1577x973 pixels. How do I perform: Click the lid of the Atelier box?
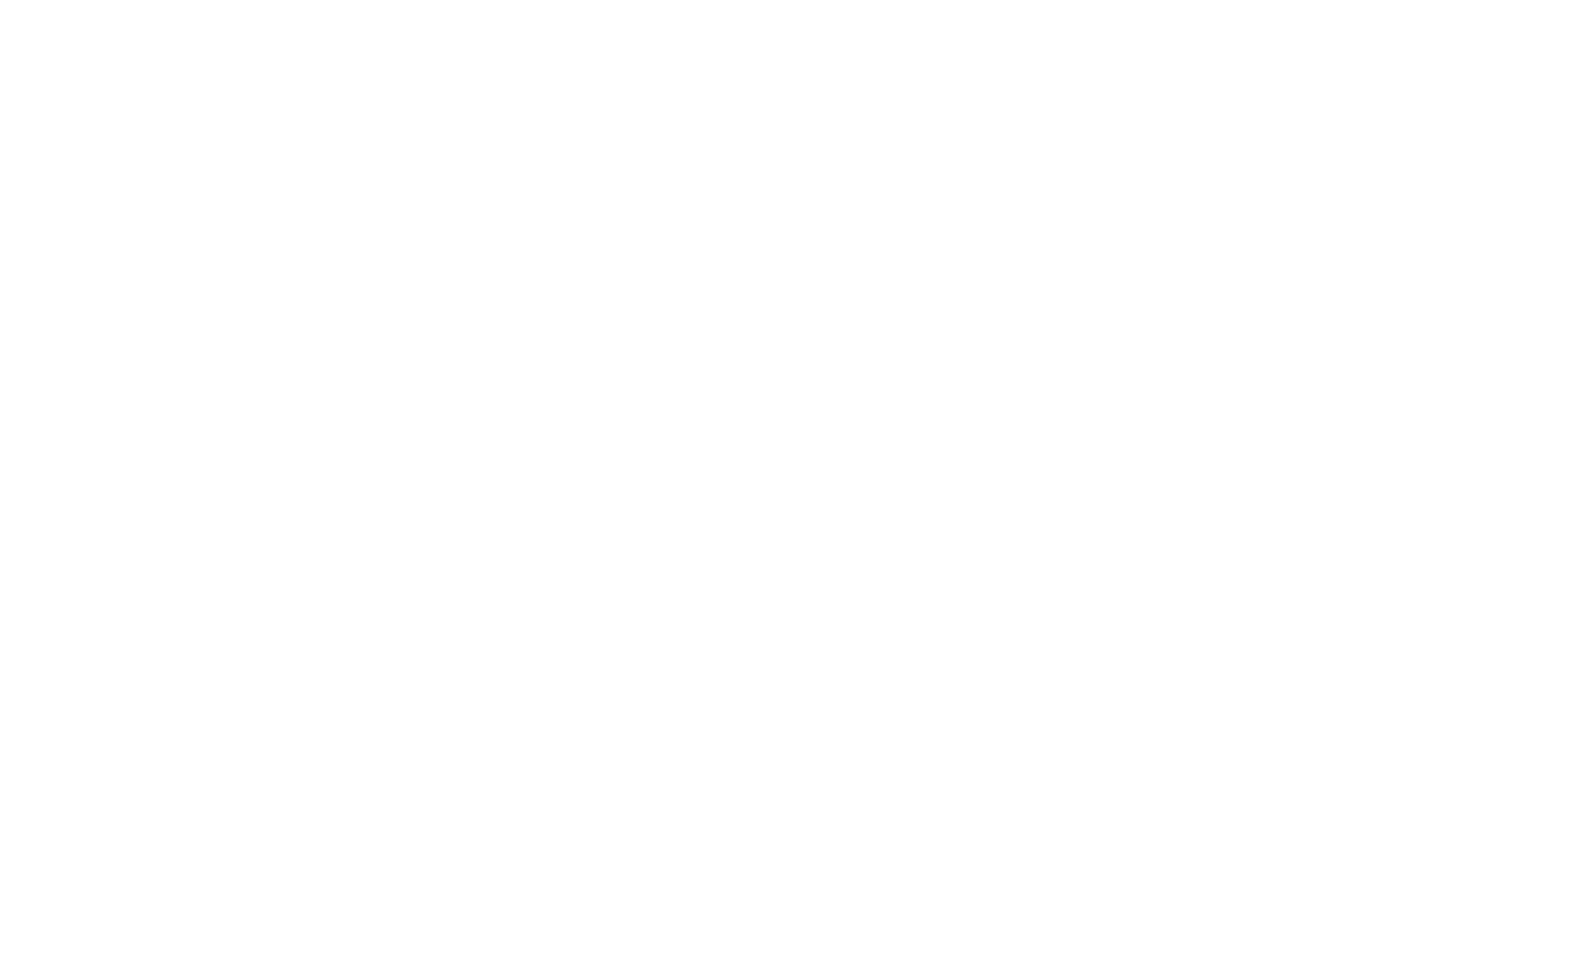click(x=1254, y=351)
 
